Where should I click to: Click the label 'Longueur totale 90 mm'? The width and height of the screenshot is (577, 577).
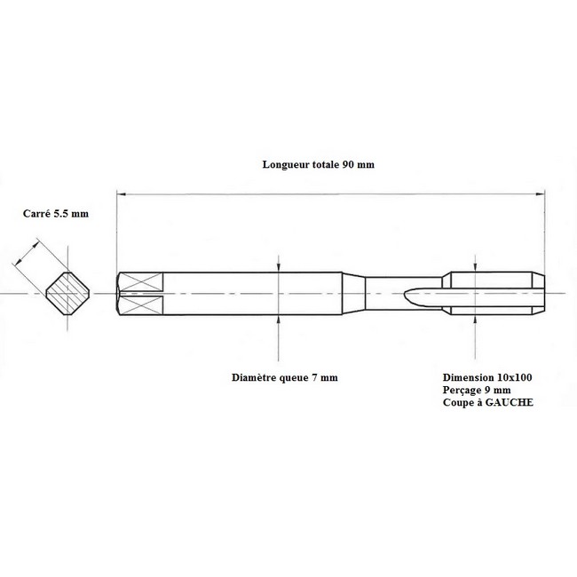319,164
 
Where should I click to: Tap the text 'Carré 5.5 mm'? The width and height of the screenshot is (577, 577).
56,213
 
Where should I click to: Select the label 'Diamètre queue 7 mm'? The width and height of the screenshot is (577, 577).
285,377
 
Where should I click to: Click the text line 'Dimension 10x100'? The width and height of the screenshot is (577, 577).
487,377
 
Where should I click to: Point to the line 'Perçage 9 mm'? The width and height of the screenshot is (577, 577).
477,390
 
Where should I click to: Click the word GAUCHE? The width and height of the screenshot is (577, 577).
510,402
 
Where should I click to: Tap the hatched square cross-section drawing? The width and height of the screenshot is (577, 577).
67,294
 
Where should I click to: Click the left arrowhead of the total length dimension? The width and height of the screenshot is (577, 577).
121,194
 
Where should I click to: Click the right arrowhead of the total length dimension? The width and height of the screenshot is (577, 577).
541,194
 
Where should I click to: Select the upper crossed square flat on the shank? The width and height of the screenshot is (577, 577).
141,282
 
